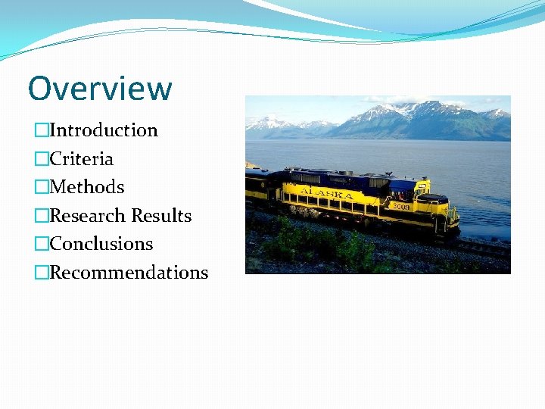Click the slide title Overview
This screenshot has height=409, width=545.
click(100, 89)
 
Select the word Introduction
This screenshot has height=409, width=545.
click(104, 130)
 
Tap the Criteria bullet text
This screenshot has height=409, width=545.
click(81, 159)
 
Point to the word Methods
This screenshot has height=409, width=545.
click(86, 187)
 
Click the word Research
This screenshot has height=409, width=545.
click(88, 216)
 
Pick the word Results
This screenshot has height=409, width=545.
click(161, 216)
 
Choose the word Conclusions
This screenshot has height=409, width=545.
click(101, 244)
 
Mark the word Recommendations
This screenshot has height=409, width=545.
click(129, 273)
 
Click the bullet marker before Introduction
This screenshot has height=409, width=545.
click(41, 131)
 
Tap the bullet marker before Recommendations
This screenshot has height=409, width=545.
click(41, 273)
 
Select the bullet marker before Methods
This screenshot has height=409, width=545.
click(41, 187)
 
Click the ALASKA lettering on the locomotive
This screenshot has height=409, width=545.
click(327, 194)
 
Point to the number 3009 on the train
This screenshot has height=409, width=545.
click(400, 206)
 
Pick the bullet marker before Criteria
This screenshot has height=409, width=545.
click(41, 159)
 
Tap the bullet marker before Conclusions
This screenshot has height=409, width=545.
click(41, 244)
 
